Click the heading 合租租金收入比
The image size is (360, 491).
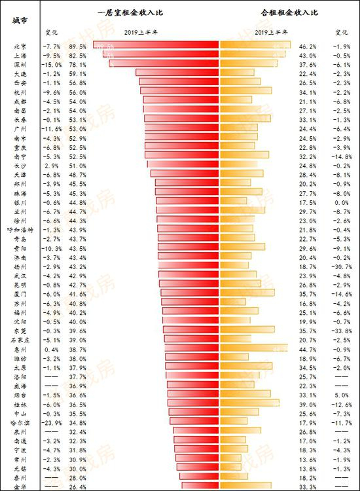[285, 12]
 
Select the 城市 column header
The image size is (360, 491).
[20, 20]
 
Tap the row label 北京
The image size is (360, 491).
[20, 47]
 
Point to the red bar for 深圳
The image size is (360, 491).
[164, 65]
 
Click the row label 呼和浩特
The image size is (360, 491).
[20, 230]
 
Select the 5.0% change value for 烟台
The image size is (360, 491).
[342, 395]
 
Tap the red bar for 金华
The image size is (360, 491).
[200, 486]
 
